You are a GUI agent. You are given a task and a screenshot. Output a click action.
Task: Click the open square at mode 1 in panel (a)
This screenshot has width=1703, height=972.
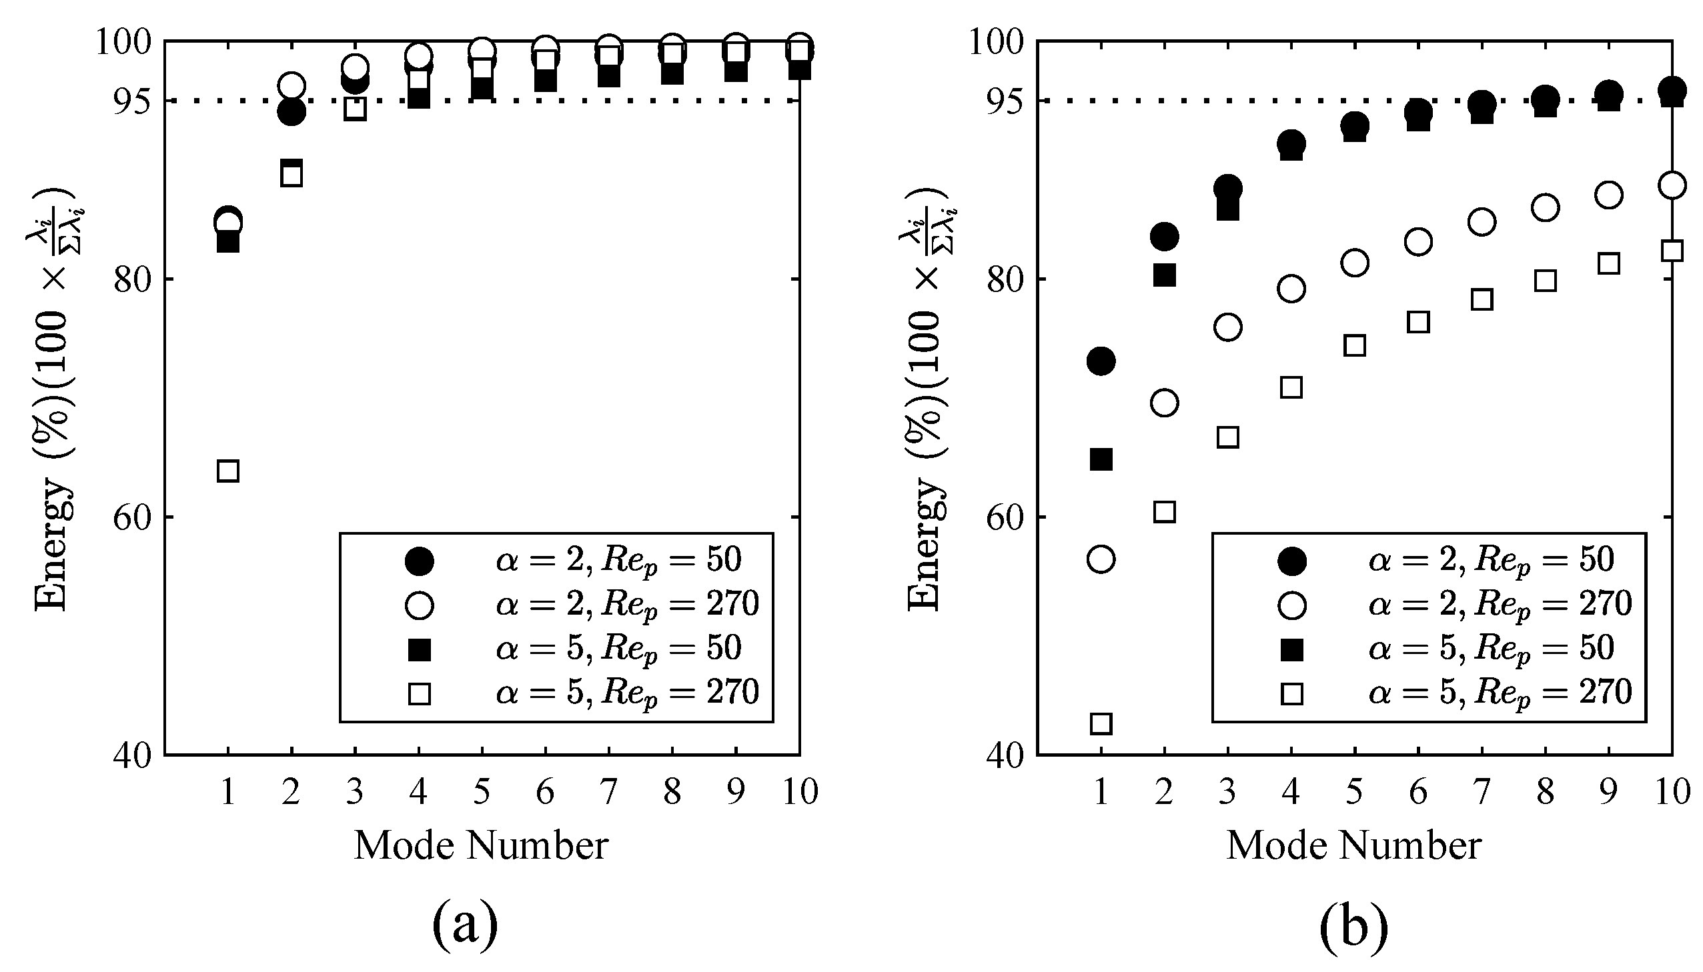[227, 471]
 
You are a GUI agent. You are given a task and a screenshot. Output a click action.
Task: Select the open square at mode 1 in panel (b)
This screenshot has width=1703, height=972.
[1101, 723]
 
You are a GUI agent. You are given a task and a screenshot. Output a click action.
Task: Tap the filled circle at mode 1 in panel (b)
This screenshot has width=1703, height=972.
[1101, 361]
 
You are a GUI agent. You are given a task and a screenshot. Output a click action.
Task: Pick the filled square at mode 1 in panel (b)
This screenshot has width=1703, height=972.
[1101, 459]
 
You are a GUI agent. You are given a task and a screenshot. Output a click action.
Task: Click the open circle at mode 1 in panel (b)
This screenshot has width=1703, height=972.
[1101, 559]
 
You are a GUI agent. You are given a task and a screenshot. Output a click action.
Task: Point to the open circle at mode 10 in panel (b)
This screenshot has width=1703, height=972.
[1672, 185]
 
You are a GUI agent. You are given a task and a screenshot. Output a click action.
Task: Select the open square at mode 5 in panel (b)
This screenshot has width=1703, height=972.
[1354, 346]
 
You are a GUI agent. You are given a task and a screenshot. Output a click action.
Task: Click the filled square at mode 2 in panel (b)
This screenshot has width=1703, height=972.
[1164, 275]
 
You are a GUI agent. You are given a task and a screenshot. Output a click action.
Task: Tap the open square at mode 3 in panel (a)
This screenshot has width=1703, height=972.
[355, 109]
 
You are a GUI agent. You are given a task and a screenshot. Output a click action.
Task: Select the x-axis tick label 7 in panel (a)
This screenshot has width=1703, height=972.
[608, 793]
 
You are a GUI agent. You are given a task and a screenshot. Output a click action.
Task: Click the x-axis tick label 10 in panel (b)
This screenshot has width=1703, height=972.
[1672, 793]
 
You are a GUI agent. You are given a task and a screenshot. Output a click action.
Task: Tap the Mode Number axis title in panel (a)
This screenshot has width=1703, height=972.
[481, 845]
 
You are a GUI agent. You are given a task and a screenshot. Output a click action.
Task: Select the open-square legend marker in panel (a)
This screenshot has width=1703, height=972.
[420, 694]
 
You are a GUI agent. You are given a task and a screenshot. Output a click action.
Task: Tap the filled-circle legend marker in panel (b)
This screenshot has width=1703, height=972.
[1291, 561]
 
